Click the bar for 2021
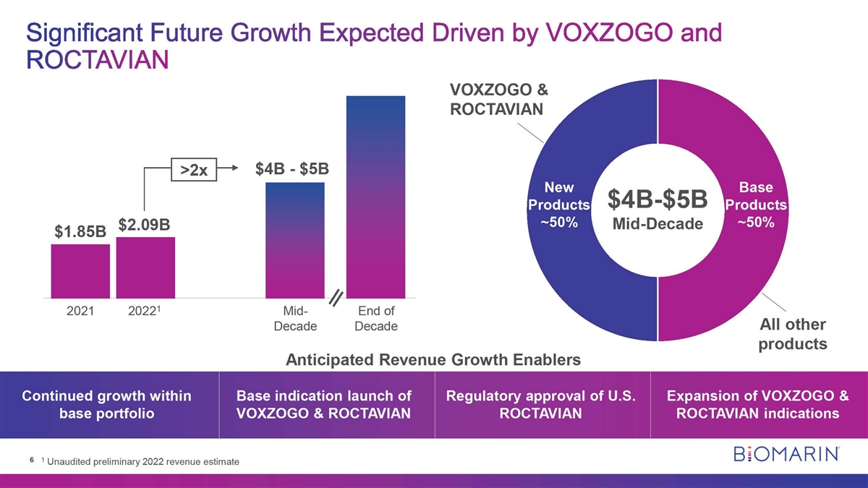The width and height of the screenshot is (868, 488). pos(80,271)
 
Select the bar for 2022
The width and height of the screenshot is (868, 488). pos(145,267)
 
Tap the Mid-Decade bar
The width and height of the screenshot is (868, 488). pos(295,240)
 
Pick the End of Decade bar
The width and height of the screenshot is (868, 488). pos(375,197)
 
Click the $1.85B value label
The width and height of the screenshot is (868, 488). pos(80,233)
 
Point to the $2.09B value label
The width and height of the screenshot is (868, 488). pos(144,225)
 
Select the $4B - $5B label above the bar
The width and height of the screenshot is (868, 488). pos(292,169)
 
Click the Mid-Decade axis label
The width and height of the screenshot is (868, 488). pos(295,319)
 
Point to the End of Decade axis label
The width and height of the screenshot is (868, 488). pos(376,319)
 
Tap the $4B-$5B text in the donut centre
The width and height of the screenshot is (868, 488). pos(657,198)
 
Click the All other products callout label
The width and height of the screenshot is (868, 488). pos(792,333)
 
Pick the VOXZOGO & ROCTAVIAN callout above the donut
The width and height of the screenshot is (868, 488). pos(499,100)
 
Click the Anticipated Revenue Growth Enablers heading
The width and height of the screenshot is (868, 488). pos(433,359)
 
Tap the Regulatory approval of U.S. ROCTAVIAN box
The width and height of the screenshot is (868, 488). pos(541,405)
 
